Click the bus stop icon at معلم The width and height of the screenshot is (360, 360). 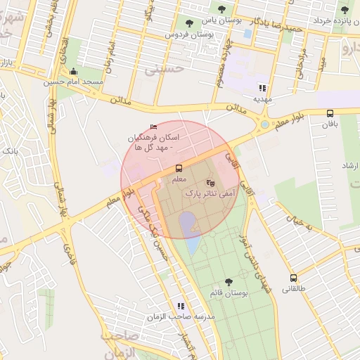[179, 169]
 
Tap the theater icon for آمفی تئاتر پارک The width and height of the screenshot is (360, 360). [210, 183]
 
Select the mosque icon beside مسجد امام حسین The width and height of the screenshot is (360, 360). [73, 72]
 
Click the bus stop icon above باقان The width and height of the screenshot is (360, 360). [330, 113]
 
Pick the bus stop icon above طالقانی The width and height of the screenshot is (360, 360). [293, 278]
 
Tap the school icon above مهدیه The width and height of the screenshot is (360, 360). [262, 89]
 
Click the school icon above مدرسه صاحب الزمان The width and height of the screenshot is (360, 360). [181, 307]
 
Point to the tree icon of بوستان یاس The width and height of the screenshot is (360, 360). [222, 10]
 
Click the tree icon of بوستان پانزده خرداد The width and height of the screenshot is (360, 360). [345, 10]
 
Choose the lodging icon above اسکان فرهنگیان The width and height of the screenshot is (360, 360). [154, 127]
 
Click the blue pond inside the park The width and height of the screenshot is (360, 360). [188, 224]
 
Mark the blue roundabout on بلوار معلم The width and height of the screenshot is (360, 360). [264, 125]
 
